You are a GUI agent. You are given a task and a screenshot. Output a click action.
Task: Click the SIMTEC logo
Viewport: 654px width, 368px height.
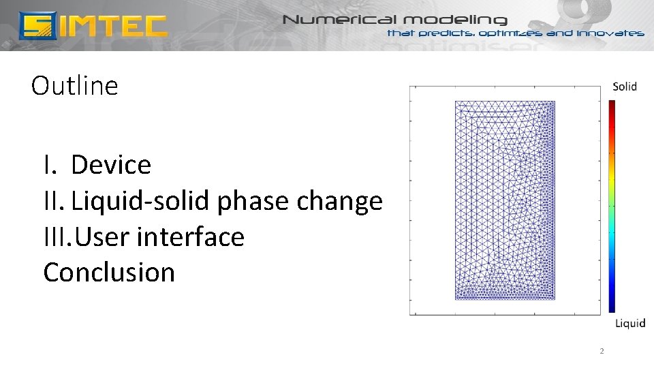tap(93, 25)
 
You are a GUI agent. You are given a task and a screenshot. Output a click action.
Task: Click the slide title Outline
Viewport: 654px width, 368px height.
tap(74, 86)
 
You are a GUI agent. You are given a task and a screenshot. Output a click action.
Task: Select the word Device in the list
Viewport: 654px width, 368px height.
tap(110, 165)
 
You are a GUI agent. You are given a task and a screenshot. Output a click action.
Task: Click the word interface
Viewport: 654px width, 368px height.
tap(190, 237)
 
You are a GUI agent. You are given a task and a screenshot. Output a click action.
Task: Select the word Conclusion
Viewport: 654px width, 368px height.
tap(109, 273)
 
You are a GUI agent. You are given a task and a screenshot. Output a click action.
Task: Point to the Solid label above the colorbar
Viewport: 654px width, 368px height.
tap(624, 87)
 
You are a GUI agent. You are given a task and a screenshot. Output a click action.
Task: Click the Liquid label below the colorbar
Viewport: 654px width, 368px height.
tap(629, 323)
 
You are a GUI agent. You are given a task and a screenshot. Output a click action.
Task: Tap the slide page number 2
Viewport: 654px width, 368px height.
tap(601, 352)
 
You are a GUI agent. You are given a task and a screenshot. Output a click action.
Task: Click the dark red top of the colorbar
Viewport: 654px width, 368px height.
tap(612, 106)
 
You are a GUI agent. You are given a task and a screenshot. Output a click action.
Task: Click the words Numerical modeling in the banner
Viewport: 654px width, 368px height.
tap(394, 20)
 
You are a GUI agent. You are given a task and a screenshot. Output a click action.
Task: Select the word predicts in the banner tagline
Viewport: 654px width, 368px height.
tap(447, 33)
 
